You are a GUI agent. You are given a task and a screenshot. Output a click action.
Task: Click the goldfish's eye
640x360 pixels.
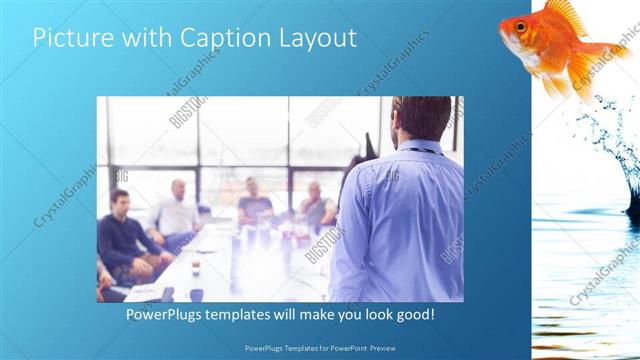click(520, 26)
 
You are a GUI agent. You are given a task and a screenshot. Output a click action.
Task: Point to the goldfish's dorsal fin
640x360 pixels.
click(566, 12)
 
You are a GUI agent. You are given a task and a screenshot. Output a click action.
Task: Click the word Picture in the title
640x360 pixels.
click(69, 38)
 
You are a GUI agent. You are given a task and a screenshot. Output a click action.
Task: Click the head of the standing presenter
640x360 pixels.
click(421, 118)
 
